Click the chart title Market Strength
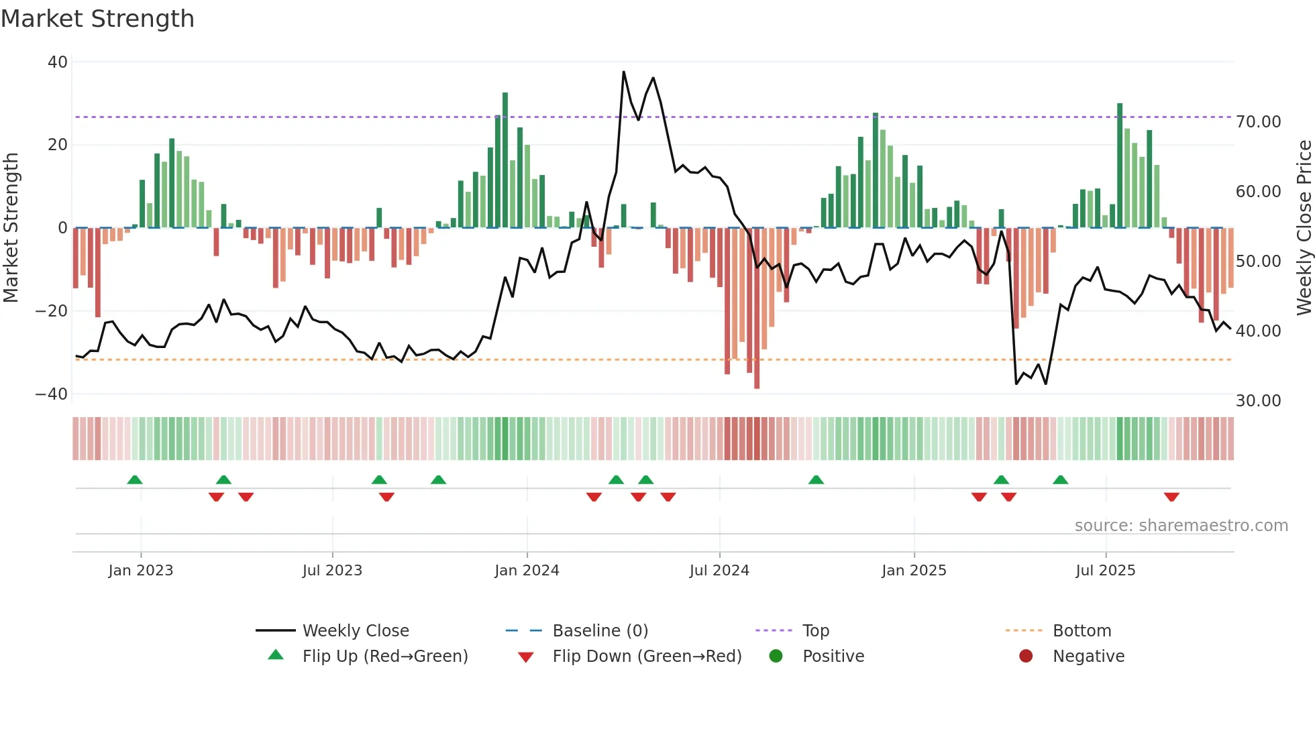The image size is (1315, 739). pos(97,19)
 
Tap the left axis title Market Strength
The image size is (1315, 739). pos(11,227)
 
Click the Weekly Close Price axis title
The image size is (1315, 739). pos(1304,227)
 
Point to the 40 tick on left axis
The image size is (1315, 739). pos(58,62)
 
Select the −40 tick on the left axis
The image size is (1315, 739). pos(52,394)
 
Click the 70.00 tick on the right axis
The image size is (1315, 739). pos(1258,122)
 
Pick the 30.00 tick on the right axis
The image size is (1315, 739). pos(1258,401)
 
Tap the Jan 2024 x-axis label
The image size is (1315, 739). pos(527,571)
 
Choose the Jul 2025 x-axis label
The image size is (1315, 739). pos(1105,571)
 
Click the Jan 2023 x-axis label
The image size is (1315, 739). pos(141,571)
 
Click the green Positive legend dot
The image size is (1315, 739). pos(776,657)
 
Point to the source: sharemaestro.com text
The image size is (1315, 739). pos(1181,526)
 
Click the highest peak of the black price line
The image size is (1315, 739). pos(623,72)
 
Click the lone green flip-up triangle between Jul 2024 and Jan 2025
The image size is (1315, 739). pos(816,480)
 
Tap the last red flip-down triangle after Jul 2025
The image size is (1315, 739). pos(1171,497)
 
